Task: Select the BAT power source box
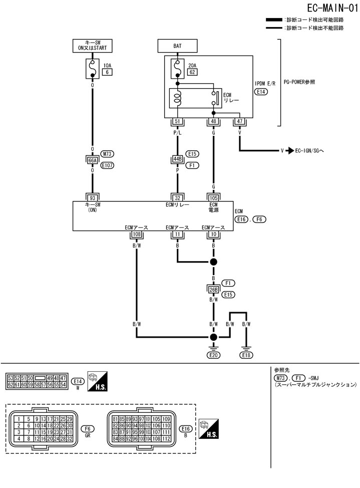click(x=177, y=46)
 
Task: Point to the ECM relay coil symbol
click(x=177, y=98)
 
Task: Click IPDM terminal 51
click(x=177, y=121)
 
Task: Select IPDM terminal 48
click(x=214, y=121)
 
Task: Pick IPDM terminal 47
click(x=240, y=121)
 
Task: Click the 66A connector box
click(x=92, y=160)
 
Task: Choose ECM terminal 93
click(x=92, y=198)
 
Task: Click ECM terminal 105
click(x=214, y=198)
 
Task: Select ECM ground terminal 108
click(x=136, y=234)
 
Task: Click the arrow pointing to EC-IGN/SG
click(x=290, y=150)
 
